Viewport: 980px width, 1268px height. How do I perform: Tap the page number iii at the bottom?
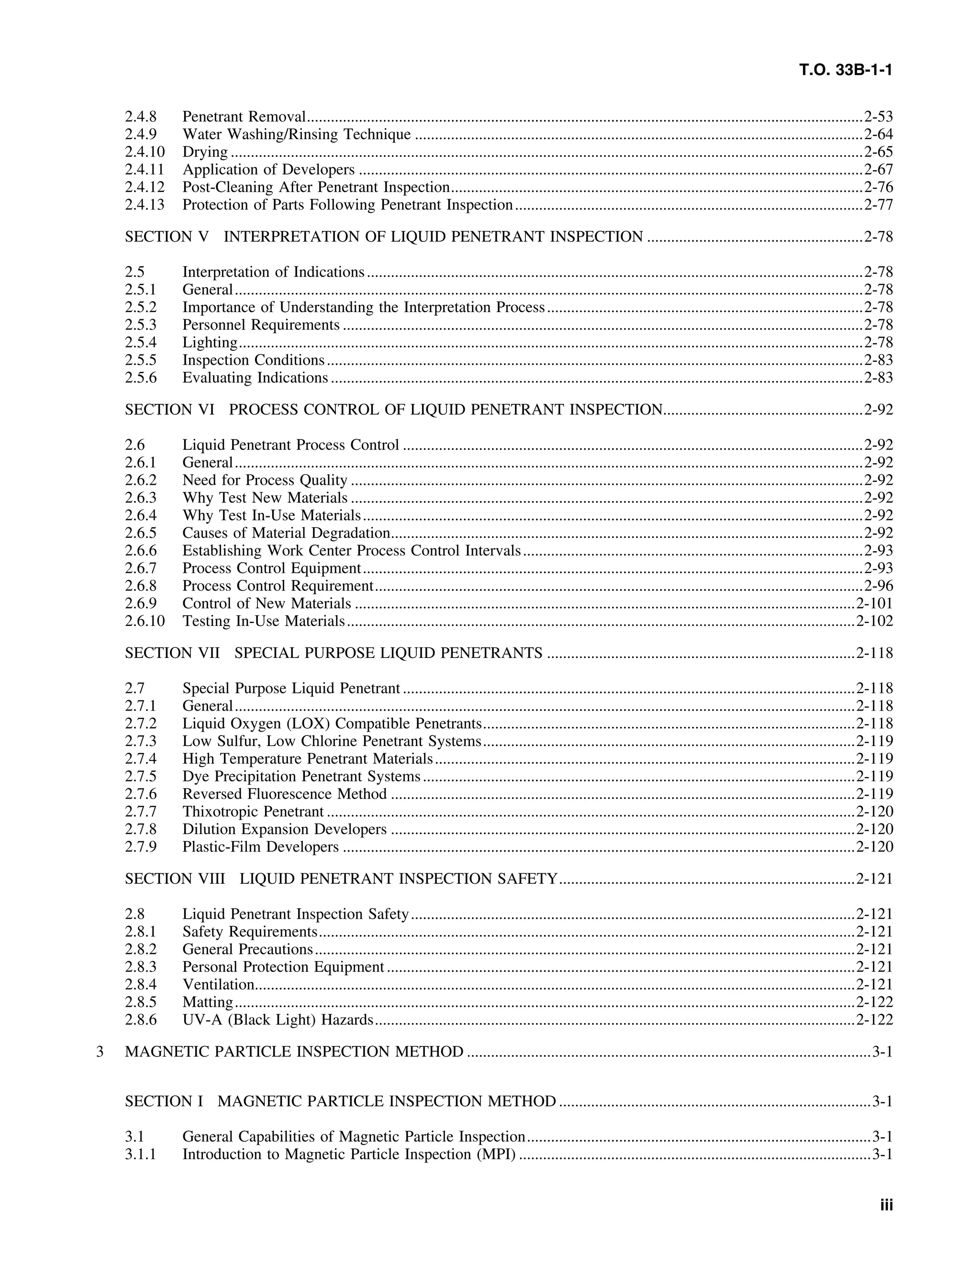886,1205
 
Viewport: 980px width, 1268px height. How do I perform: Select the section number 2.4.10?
145,152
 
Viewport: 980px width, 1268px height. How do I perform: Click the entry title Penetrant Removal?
244,117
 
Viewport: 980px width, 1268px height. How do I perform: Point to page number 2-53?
878,117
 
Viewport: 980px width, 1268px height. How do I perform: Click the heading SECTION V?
166,237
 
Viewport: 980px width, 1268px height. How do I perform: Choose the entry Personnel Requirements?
261,325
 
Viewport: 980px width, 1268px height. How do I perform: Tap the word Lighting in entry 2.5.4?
210,343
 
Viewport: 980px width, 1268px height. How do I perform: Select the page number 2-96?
878,586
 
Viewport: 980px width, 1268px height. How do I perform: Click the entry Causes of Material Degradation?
286,533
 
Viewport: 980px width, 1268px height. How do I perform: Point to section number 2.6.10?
145,621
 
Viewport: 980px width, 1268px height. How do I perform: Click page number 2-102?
874,621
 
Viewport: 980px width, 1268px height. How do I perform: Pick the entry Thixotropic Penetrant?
253,812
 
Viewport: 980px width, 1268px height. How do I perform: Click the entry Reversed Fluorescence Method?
285,794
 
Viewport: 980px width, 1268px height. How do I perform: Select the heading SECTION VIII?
175,879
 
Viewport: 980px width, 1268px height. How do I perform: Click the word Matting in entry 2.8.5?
207,1002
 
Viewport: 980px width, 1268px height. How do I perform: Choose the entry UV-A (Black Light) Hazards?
278,1020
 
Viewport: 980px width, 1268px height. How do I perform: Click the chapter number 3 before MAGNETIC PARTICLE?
100,1052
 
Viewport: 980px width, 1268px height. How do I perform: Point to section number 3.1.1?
141,1154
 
